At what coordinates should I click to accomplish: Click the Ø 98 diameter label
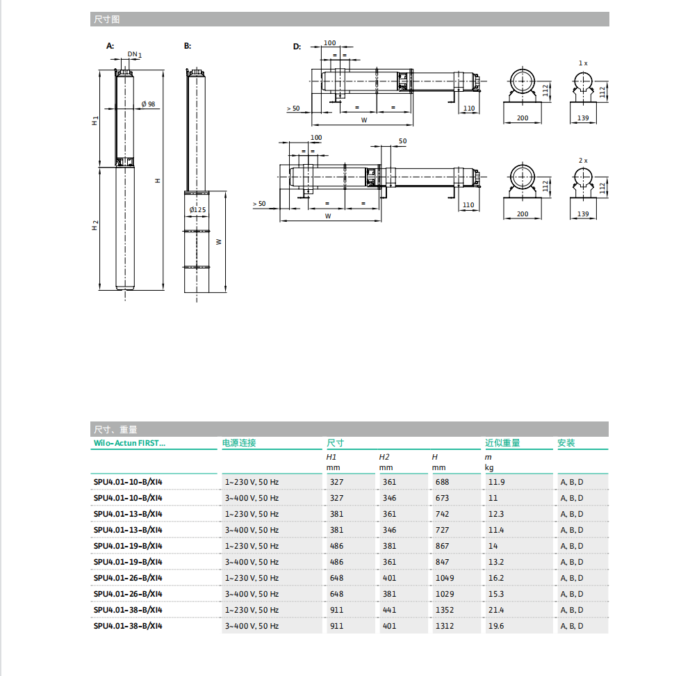click(x=148, y=104)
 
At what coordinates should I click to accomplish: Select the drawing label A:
click(x=110, y=46)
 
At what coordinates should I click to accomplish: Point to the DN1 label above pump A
click(x=134, y=54)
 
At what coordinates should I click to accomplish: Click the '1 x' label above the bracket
click(x=583, y=63)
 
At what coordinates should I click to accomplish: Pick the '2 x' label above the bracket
click(x=583, y=160)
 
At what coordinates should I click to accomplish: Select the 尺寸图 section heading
click(x=106, y=19)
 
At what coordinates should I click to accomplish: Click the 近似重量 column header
click(x=502, y=443)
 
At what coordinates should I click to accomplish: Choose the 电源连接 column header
click(x=239, y=443)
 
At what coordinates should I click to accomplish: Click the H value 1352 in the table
click(x=444, y=610)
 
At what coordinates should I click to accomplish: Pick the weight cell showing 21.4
click(x=496, y=610)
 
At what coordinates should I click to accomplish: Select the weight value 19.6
click(x=496, y=626)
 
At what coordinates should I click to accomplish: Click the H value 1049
click(x=444, y=578)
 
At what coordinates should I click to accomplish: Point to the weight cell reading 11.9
click(x=496, y=482)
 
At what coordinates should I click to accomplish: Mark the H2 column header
click(x=384, y=457)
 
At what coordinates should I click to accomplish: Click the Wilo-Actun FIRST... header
click(x=130, y=443)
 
